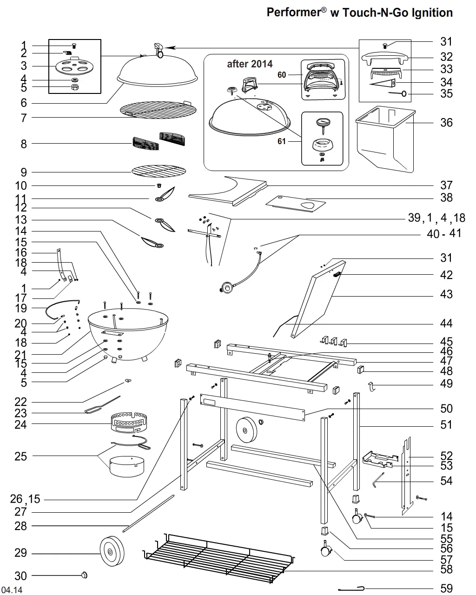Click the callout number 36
[446, 122]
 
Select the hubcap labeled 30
[84, 575]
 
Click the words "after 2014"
[250, 64]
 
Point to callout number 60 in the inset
[282, 75]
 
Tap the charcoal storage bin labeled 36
[385, 139]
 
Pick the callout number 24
[20, 424]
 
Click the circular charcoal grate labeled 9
[159, 171]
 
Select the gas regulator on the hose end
[227, 288]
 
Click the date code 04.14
[12, 590]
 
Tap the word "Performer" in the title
[294, 13]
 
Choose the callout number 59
[446, 588]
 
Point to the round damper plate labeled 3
[74, 66]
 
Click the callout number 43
[446, 294]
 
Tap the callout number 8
[24, 144]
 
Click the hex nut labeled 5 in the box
[75, 87]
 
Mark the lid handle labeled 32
[385, 59]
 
